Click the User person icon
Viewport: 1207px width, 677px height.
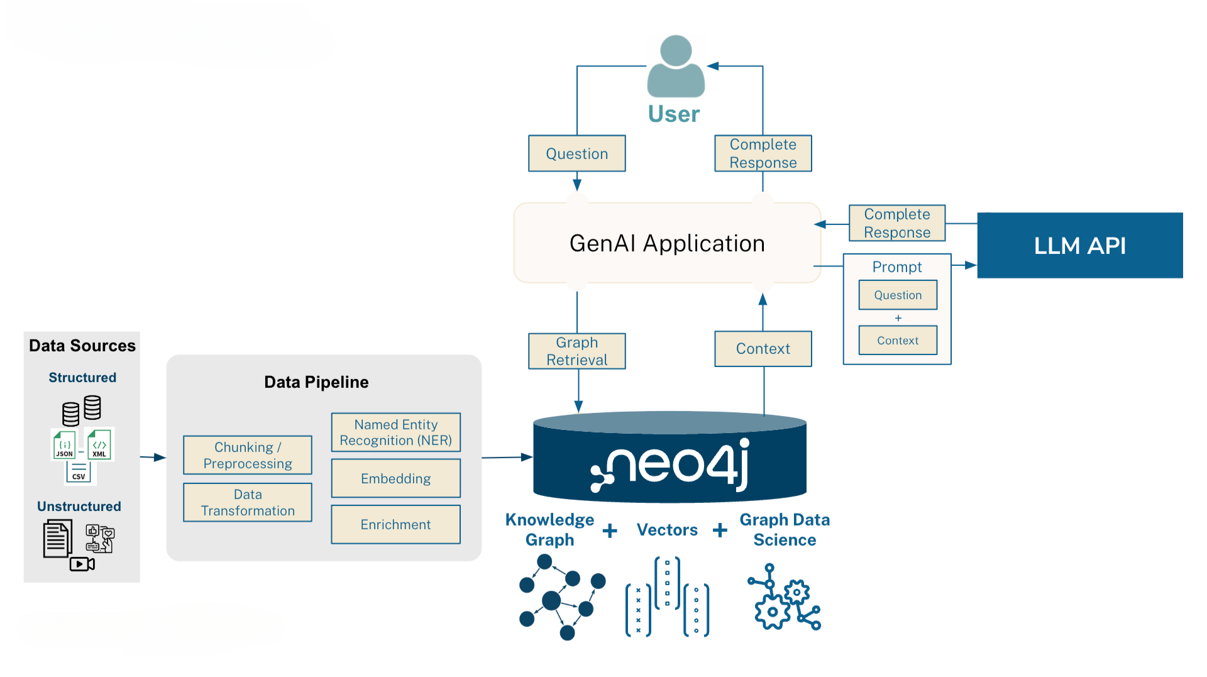(676, 67)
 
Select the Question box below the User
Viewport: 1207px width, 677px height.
(576, 153)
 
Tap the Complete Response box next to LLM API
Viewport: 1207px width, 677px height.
(896, 223)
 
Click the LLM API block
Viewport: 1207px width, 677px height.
(1079, 245)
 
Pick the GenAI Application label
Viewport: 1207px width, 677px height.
(667, 243)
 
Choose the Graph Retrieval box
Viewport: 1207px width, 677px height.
(576, 351)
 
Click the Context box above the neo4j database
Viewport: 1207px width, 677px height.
(763, 349)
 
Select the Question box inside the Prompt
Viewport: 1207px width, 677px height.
(897, 295)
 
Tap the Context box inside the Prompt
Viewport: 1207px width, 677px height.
(897, 340)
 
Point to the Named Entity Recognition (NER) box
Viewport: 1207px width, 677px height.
(395, 432)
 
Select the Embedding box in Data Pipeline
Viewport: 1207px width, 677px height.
(395, 478)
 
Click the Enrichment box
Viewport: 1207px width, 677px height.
(395, 524)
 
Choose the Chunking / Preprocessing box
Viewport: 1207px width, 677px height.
(247, 455)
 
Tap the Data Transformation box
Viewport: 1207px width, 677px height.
(247, 502)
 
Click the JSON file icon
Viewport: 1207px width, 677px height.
(64, 444)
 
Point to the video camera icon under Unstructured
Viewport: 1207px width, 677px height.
(82, 564)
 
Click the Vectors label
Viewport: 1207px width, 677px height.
(667, 530)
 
